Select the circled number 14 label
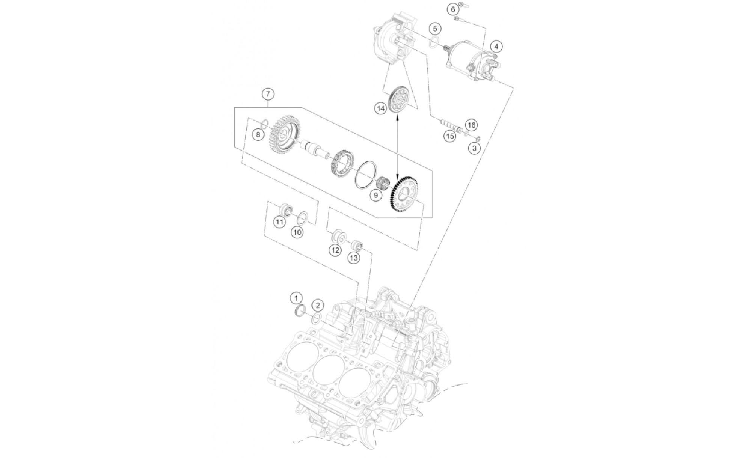[x=381, y=109]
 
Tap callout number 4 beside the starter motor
[x=496, y=47]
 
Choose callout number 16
[x=471, y=125]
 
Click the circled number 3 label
[x=474, y=148]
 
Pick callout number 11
[x=279, y=222]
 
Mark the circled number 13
[x=353, y=258]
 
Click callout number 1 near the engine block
[x=296, y=298]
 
